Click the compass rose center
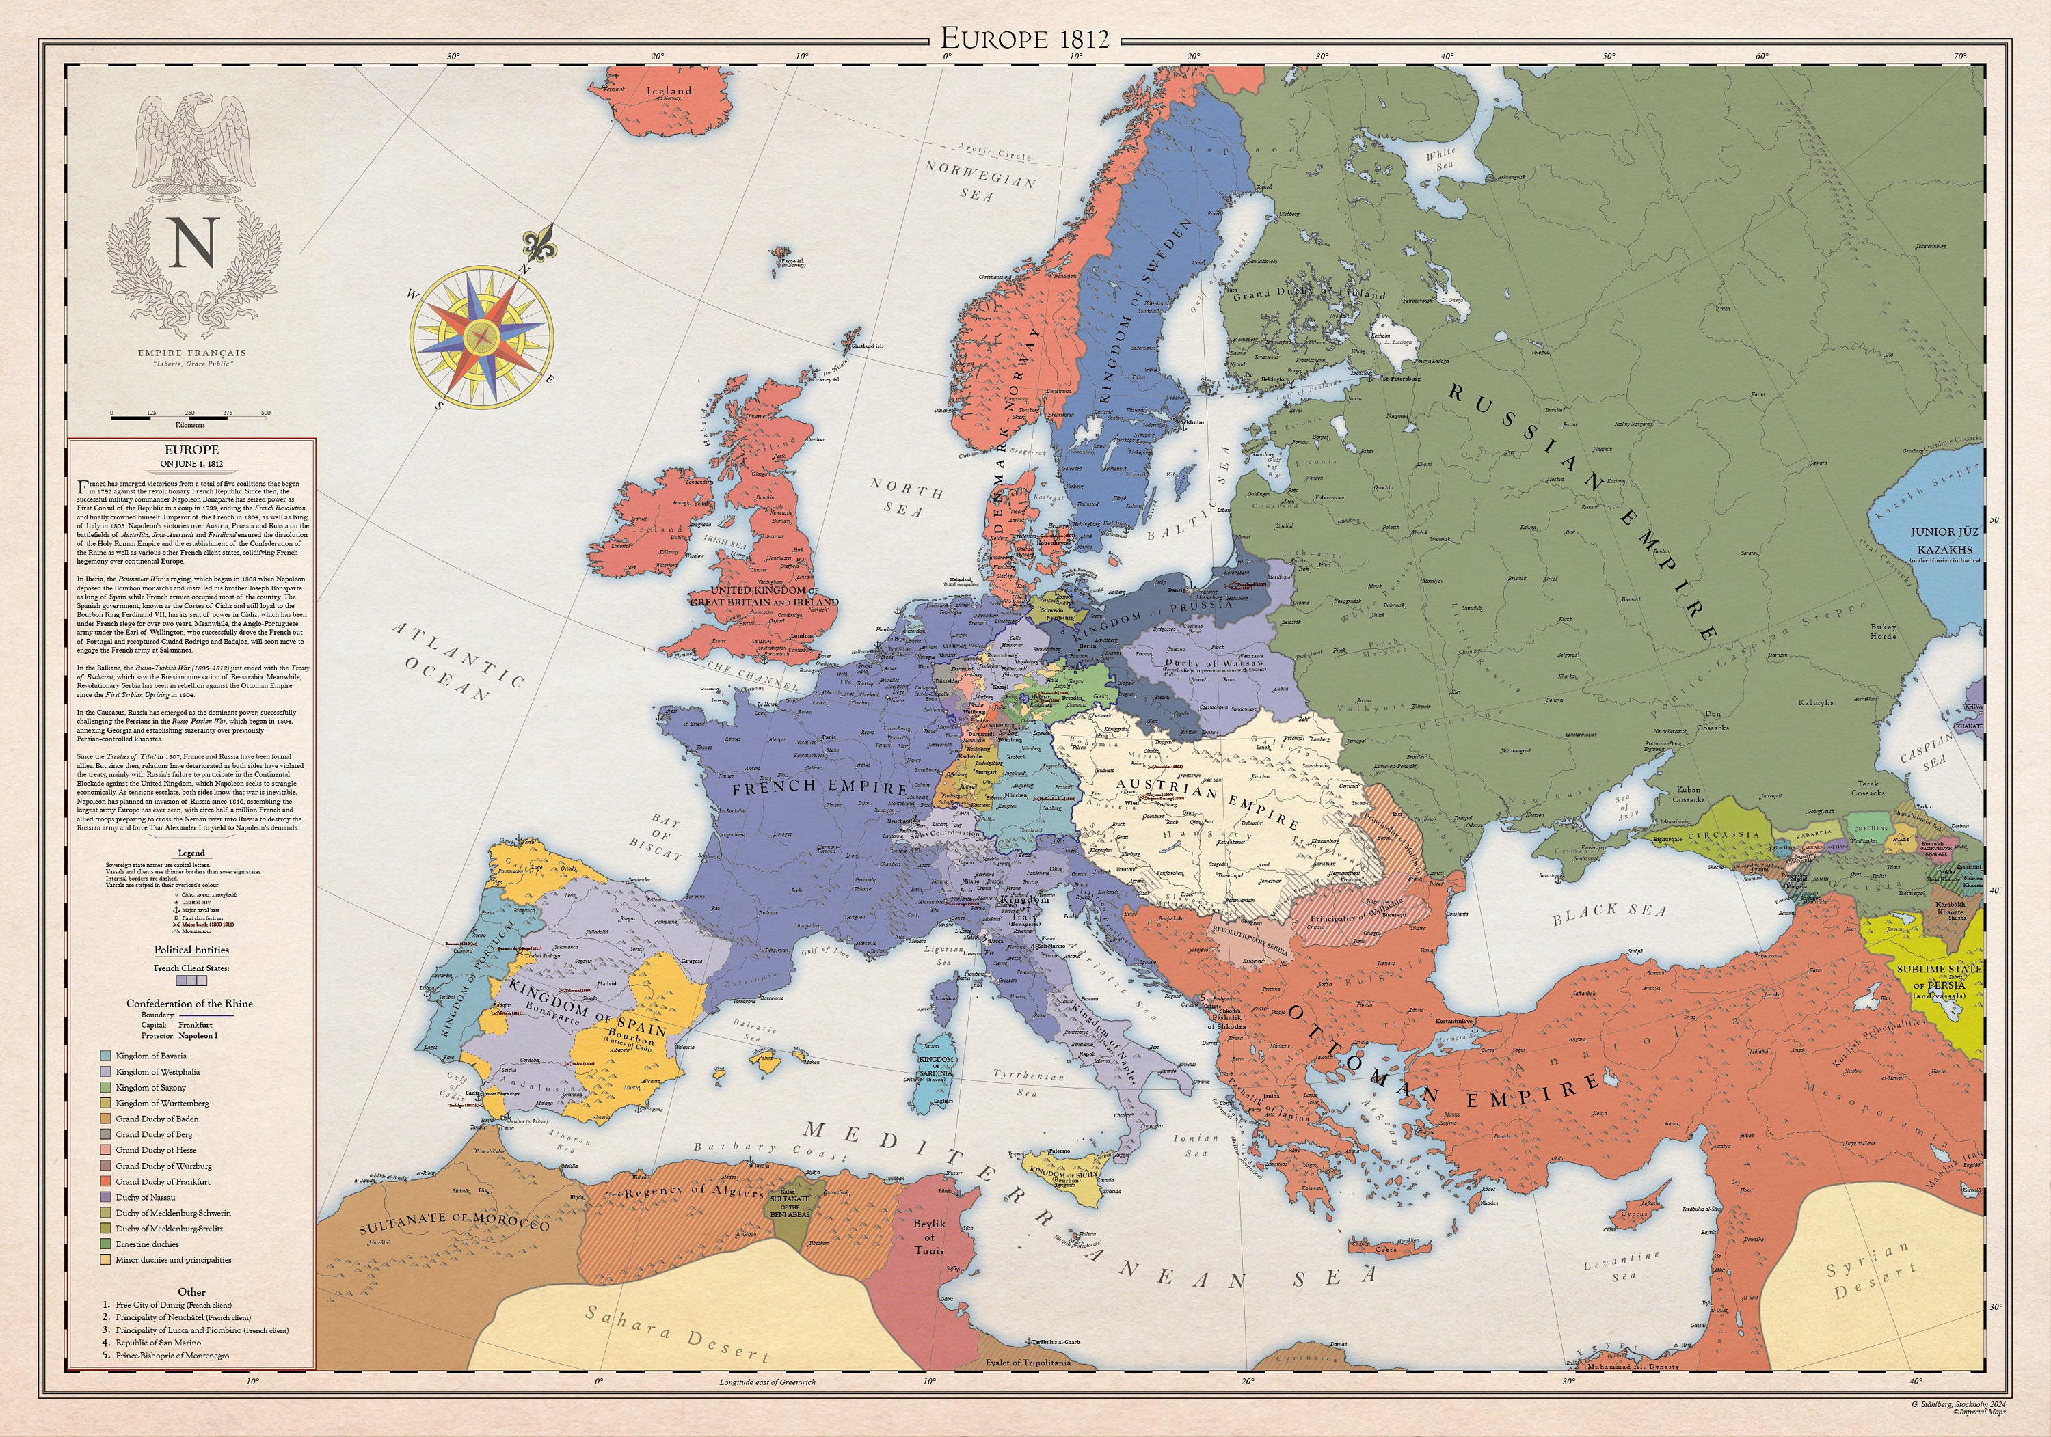[x=483, y=338]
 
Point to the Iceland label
[x=669, y=91]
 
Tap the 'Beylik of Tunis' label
[x=928, y=1236]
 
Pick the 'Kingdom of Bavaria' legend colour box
[x=106, y=1056]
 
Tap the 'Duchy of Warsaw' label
[x=1214, y=664]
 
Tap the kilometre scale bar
[x=189, y=415]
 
